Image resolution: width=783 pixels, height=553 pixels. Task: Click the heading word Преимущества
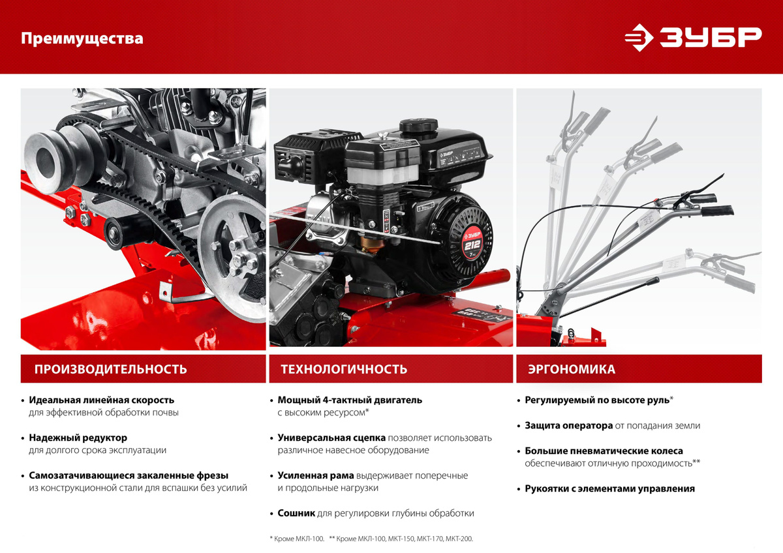82,38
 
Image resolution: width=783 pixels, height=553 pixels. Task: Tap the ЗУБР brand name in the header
711,37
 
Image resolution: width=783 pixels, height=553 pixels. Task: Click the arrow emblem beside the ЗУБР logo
639,37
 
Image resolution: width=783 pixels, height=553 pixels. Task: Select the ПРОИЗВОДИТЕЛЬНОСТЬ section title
110,369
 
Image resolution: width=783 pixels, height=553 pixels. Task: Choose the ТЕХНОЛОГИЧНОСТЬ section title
344,369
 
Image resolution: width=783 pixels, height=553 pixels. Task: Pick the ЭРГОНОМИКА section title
572,369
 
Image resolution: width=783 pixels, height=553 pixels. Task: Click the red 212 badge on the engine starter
472,245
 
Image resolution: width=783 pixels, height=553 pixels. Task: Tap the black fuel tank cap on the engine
418,125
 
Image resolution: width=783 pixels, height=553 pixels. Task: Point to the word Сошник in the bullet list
296,513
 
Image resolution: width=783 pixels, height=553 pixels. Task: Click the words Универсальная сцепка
331,438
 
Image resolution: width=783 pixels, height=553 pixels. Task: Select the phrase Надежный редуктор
78,438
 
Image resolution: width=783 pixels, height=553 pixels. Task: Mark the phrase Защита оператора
569,425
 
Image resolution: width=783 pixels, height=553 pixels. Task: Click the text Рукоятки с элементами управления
609,488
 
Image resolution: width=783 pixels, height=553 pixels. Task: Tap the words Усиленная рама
316,475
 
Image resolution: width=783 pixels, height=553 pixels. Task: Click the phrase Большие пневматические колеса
604,451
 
